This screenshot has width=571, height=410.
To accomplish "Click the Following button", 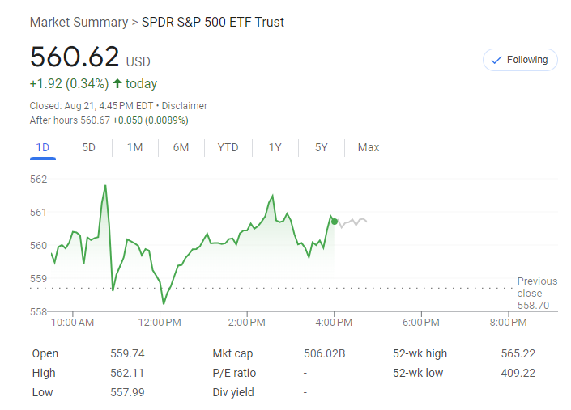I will [519, 60].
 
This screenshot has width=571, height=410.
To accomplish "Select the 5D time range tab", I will [89, 147].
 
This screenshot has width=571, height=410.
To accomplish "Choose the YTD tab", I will [228, 147].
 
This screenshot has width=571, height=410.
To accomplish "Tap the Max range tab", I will [369, 147].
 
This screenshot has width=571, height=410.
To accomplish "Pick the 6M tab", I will [181, 147].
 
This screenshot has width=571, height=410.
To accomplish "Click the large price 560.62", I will [75, 57].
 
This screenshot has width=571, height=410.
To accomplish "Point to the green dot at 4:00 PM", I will [335, 221].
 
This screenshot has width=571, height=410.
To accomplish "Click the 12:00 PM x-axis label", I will [160, 323].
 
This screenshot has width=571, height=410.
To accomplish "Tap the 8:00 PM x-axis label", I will [509, 323].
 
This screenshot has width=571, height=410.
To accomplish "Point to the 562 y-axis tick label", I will [39, 179].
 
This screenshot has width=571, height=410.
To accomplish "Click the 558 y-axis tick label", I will [39, 311].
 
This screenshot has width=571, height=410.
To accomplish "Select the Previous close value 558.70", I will [533, 306].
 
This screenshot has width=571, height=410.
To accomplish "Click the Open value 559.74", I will [127, 353].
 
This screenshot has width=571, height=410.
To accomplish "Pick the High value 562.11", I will [127, 373].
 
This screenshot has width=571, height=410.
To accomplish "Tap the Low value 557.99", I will [127, 392].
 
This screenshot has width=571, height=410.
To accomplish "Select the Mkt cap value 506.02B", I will [325, 353].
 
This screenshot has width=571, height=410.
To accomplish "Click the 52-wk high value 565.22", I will [518, 353].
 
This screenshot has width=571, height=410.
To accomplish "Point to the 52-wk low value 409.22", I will [518, 373].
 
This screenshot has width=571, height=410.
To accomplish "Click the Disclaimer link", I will [184, 106].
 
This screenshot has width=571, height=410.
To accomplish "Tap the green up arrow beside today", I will [117, 84].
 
